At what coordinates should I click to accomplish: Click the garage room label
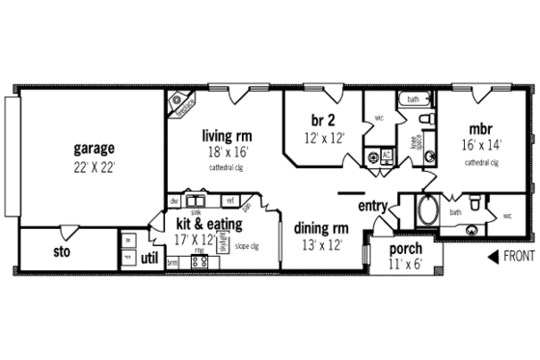94,149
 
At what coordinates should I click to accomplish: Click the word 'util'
149,258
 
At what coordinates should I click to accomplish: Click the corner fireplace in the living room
180,103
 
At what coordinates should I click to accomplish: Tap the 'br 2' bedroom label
322,120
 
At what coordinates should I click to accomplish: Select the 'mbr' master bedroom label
481,129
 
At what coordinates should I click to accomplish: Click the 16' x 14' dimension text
481,146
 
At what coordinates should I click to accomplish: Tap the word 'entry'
372,207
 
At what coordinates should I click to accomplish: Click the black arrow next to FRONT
494,257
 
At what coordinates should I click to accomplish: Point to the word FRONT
518,257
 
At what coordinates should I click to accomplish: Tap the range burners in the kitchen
200,262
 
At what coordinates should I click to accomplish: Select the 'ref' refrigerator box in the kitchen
229,201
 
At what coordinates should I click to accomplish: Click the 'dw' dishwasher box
175,201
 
